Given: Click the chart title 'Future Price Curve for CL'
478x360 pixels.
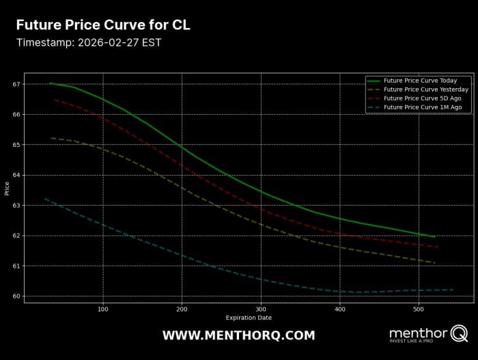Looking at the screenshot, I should [103, 25].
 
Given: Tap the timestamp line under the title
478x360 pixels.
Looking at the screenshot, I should [89, 42].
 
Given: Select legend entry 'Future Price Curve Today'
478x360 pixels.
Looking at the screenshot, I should [420, 81].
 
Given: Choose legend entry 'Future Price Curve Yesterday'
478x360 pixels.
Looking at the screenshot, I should [425, 89].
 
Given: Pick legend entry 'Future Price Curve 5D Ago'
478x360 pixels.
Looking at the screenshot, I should [421, 98].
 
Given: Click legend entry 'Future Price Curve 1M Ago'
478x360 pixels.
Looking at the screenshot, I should [423, 107].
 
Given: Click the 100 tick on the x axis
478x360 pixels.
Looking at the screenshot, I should [103, 309].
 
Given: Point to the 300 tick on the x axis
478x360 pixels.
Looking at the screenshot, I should [261, 309].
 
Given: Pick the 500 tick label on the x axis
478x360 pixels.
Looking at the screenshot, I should [419, 309].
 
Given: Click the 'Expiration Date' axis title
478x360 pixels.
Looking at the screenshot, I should [249, 318].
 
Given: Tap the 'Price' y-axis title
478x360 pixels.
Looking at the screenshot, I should [7, 188].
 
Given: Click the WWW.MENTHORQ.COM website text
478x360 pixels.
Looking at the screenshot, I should [238, 335].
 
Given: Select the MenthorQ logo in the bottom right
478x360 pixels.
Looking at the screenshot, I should [428, 335].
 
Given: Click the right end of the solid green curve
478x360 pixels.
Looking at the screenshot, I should [434, 237].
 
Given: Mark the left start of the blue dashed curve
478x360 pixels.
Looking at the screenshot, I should [44, 198].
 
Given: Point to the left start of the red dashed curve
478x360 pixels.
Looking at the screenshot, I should [55, 100].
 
